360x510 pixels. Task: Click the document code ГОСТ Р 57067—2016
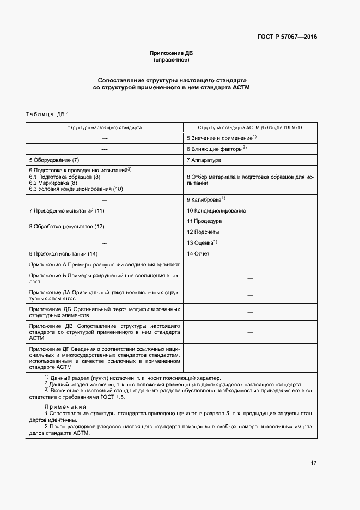(287, 37)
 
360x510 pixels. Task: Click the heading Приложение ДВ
(172, 53)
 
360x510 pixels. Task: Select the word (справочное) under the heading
(172, 60)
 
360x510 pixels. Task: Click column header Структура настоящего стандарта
(105, 127)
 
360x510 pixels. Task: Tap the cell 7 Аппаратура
(203, 160)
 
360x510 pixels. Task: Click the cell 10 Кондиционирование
(216, 210)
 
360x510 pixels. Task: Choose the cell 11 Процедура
(204, 221)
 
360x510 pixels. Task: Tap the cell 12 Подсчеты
(203, 232)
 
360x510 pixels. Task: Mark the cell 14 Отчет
(198, 253)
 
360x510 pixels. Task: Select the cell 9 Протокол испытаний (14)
(63, 253)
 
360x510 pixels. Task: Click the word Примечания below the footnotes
(66, 407)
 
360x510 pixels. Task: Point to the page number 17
(313, 463)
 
